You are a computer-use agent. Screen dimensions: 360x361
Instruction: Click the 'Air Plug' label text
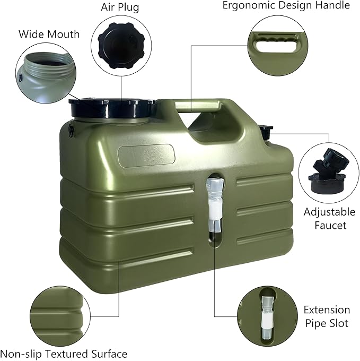pos(120,7)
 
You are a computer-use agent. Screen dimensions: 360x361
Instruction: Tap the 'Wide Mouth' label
pos(49,34)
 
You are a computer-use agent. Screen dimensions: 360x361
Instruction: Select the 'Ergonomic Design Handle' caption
pos(286,5)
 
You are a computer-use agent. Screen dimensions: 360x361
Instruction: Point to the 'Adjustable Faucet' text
pos(329,218)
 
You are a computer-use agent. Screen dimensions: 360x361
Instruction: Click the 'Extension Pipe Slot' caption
pos(327,316)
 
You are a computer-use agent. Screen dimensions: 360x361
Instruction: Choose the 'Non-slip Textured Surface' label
pos(64,354)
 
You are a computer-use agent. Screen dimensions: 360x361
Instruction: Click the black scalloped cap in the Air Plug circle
pos(121,46)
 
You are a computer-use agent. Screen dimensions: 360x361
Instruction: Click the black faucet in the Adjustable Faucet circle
pos(328,173)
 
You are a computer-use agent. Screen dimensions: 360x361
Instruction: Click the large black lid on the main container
pos(112,108)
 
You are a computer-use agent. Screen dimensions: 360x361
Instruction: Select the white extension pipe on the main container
pos(215,203)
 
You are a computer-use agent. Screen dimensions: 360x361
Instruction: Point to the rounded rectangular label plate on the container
pos(146,154)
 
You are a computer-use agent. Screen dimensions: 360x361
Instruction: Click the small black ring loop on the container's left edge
pos(71,132)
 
